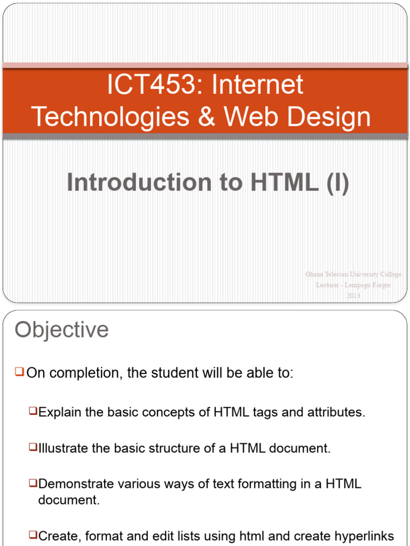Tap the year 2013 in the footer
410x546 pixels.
[x=353, y=296]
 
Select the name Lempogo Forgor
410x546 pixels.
[x=368, y=285]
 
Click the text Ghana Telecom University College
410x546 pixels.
[x=353, y=275]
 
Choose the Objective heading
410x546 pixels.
[x=61, y=330]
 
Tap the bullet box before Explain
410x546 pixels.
[x=33, y=411]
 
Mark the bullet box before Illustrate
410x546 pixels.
[x=33, y=447]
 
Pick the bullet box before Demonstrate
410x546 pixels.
[x=33, y=483]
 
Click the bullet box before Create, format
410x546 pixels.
[x=33, y=534]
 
